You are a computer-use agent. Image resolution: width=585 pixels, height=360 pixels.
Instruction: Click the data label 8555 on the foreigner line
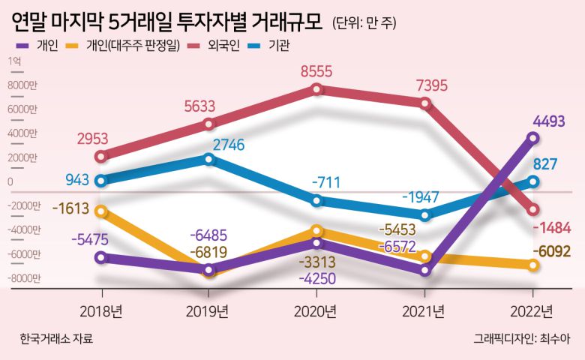point(316,71)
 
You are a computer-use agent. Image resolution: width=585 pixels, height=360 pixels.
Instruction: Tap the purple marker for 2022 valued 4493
point(533,137)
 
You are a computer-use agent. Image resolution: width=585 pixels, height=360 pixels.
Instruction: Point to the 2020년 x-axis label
point(316,310)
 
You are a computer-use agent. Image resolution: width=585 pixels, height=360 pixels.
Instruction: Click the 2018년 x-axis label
point(100,310)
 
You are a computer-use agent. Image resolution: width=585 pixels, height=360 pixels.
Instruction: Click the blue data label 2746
point(230,145)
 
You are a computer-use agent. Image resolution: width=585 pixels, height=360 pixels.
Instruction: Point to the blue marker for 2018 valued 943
point(101,180)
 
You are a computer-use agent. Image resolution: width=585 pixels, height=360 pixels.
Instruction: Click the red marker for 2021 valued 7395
point(425,104)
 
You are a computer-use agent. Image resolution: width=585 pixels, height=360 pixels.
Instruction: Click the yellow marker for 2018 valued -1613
point(101,211)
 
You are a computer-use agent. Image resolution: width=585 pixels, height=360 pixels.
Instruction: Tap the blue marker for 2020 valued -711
point(316,200)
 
